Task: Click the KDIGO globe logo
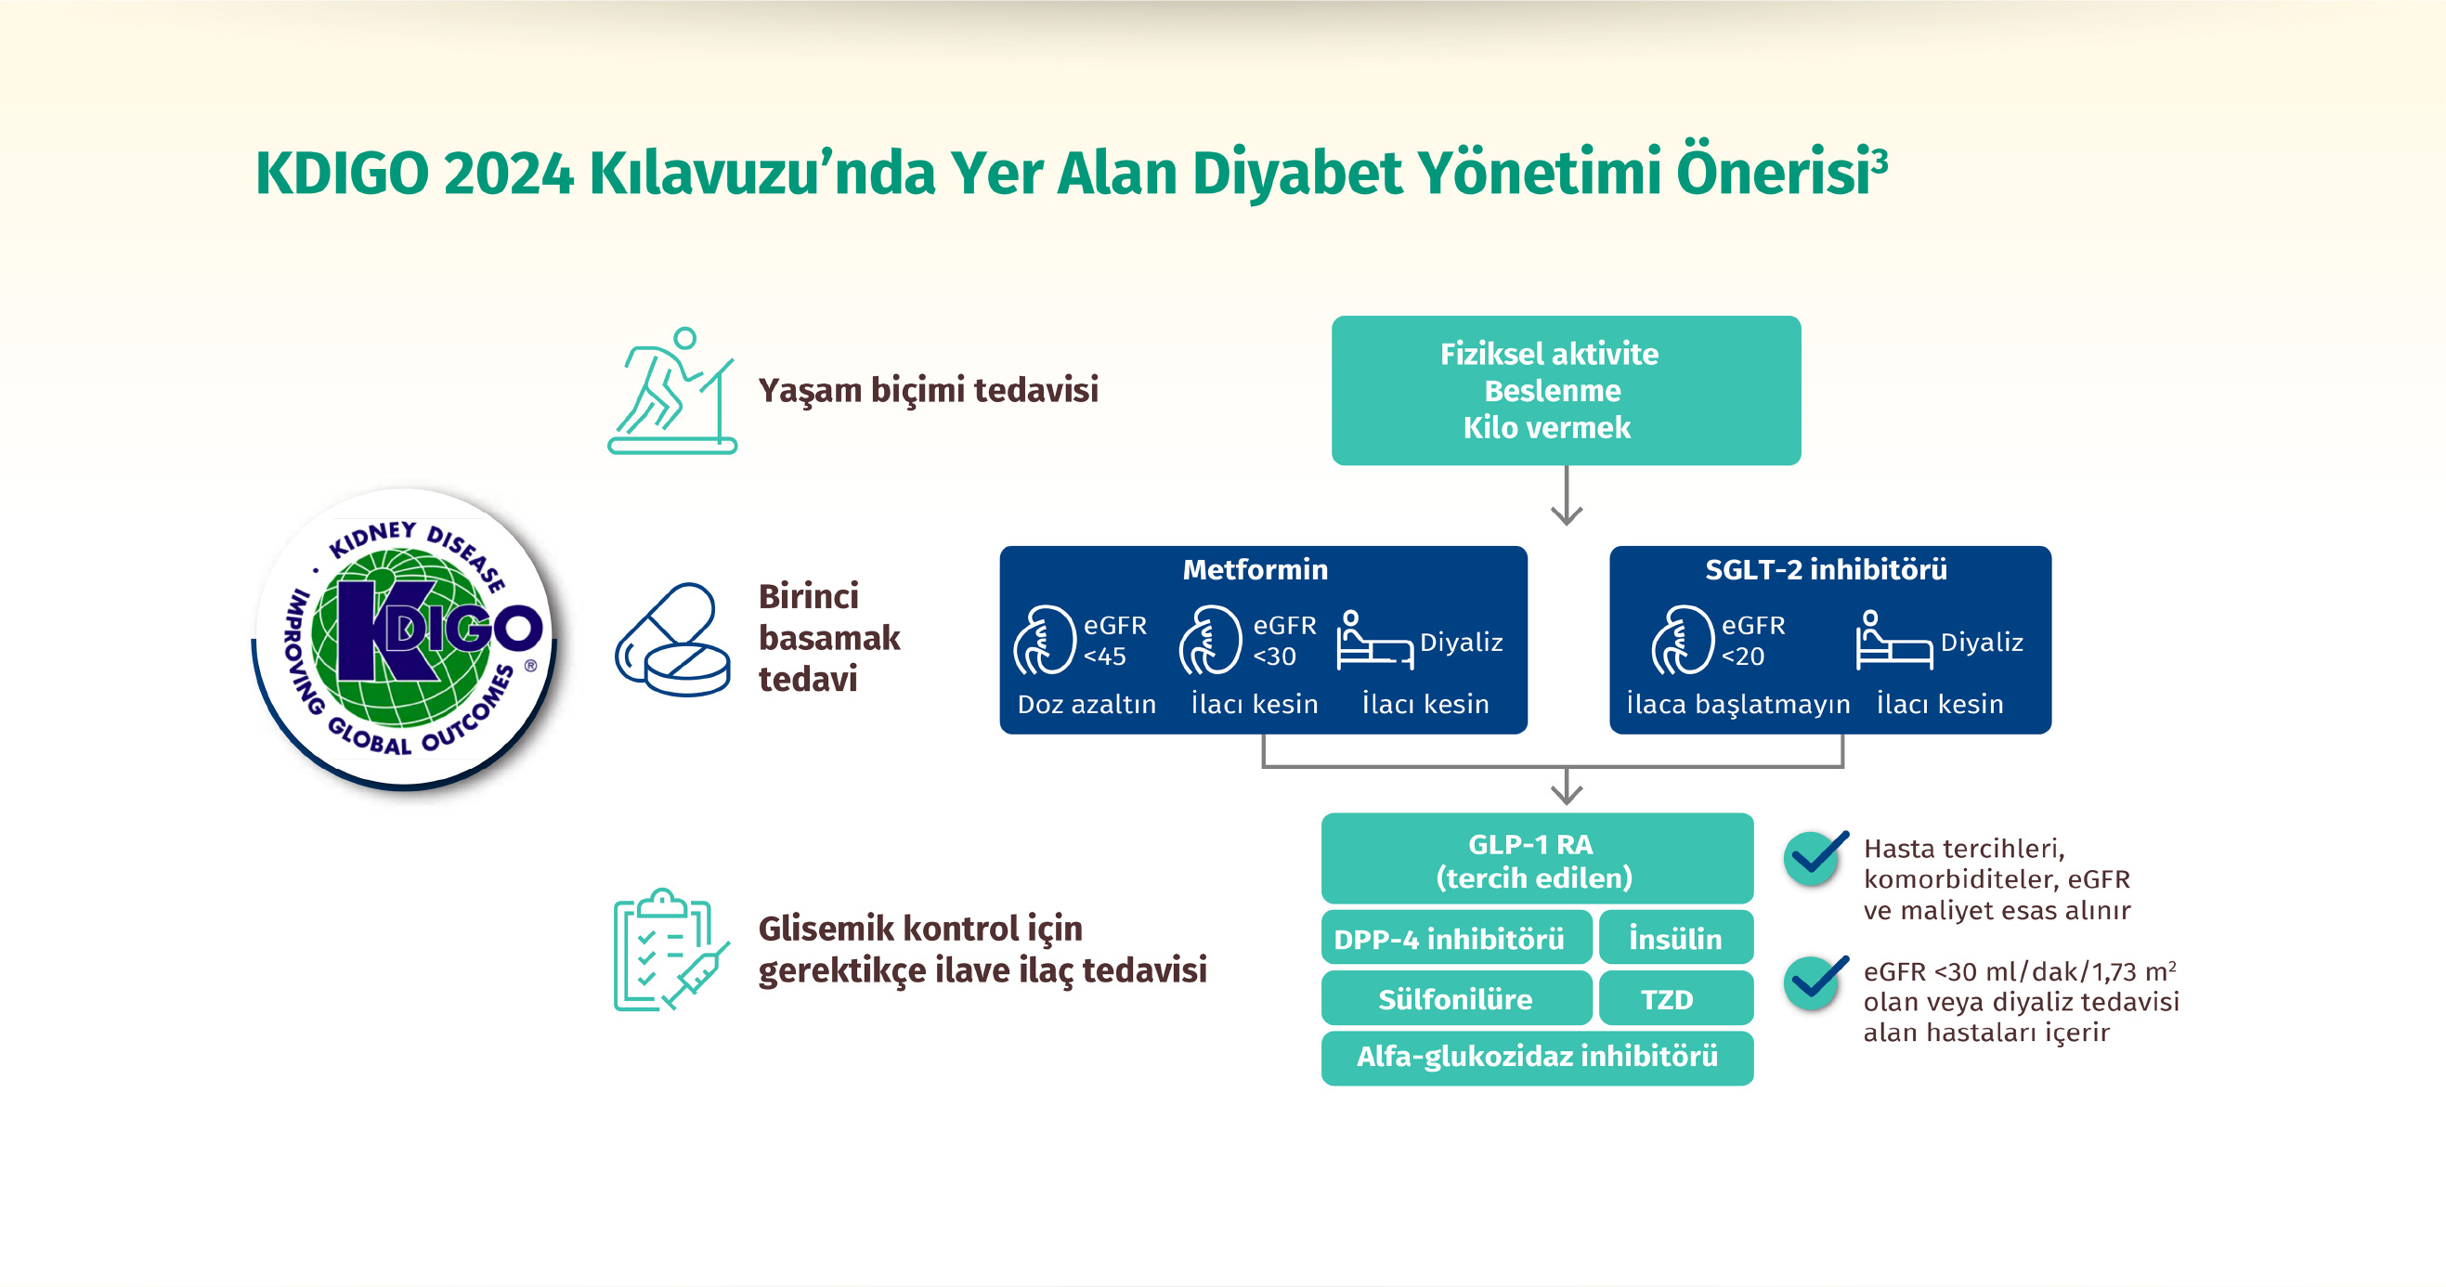pyautogui.click(x=405, y=638)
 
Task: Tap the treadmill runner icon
pyautogui.click(x=672, y=390)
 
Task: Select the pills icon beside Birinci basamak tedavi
pyautogui.click(x=672, y=639)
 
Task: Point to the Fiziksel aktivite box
pyautogui.click(x=1566, y=390)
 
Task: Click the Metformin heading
pyautogui.click(x=1256, y=569)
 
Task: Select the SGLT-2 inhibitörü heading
pyautogui.click(x=1826, y=569)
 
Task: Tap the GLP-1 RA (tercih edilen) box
pyautogui.click(x=1537, y=859)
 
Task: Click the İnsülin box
pyautogui.click(x=1676, y=939)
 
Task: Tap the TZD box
pyautogui.click(x=1676, y=998)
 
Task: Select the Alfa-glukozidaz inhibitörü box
pyautogui.click(x=1537, y=1057)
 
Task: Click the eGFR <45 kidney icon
pyautogui.click(x=1044, y=640)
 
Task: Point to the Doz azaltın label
pyautogui.click(x=1087, y=704)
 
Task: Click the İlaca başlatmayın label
pyautogui.click(x=1738, y=704)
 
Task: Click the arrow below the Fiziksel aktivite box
pyautogui.click(x=1567, y=495)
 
